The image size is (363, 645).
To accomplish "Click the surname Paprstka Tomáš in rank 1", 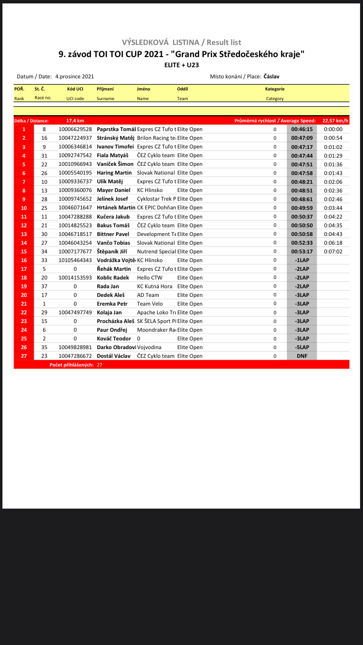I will pos(116,129).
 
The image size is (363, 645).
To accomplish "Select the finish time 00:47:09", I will pos(302,138).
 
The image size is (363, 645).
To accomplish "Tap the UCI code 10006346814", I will pos(75,147).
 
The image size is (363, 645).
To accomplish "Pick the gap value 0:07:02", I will pos(333,251).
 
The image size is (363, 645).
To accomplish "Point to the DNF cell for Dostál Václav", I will pos(302,356).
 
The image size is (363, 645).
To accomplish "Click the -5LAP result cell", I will pos(302,347).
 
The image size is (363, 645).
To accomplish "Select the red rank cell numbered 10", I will pos(24,208).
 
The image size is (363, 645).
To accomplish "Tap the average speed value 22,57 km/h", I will pos(335,120).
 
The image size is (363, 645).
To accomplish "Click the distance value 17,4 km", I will pos(75,120).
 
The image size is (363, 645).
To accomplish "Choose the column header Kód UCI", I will pos(75,89).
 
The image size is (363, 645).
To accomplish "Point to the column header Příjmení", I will pos(105,89).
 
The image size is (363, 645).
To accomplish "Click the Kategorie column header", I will pos(274,89).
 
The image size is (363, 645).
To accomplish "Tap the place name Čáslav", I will pos(271,76).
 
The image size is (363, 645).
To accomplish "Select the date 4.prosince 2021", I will pos(75,76).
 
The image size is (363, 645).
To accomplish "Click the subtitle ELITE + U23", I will pos(181,64).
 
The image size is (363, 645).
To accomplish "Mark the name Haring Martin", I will pos(114,173).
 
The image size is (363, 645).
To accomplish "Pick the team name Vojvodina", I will pos(149,347).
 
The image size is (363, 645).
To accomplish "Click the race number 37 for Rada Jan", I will pos(44,286).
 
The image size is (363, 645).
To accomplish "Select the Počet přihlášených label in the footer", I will pos(72,365).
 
